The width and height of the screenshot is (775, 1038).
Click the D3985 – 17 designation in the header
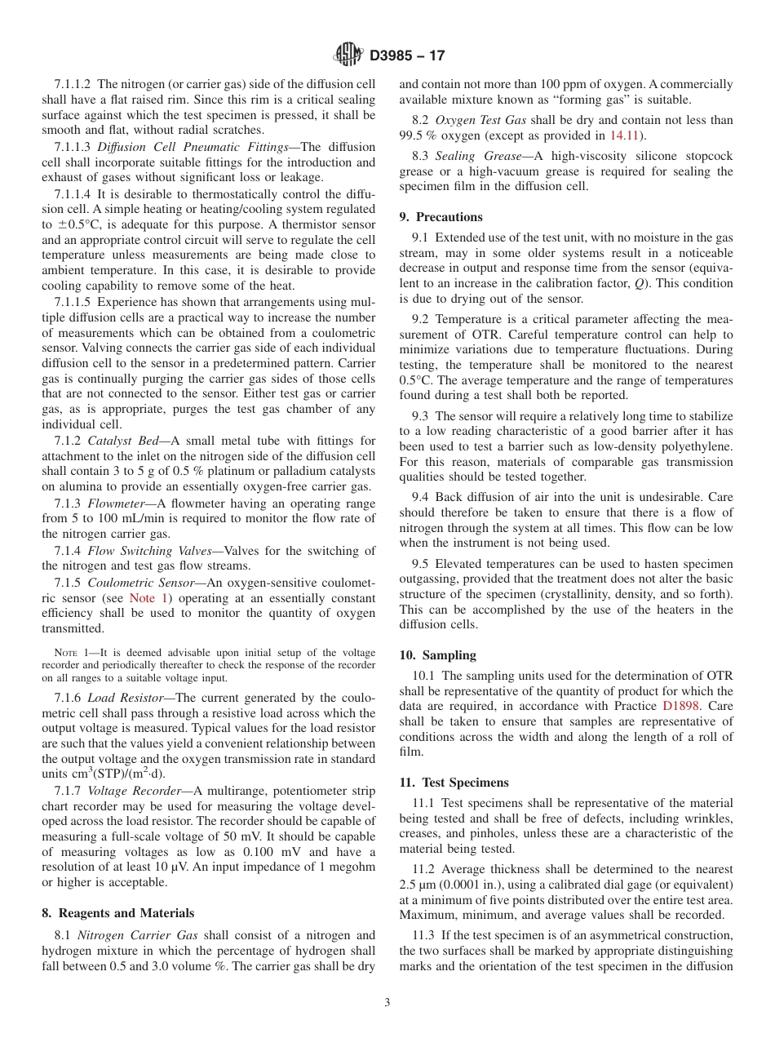click(407, 56)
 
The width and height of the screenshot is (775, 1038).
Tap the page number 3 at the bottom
click(387, 1002)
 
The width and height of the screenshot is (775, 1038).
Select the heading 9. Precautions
click(449, 217)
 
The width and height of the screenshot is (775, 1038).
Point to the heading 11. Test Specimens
click(454, 782)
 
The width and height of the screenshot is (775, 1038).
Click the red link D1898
click(680, 706)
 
